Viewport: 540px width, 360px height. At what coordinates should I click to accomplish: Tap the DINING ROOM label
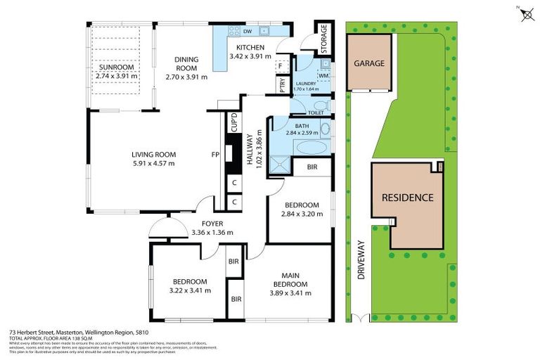(181, 63)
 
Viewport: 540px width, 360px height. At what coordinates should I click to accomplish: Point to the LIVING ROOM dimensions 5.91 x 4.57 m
(153, 163)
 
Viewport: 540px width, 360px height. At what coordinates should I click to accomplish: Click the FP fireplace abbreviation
(217, 155)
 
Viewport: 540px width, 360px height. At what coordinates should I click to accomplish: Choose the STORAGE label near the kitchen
(324, 39)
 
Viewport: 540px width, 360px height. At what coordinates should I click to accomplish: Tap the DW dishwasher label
(247, 32)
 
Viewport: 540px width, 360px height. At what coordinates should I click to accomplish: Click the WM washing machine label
(323, 75)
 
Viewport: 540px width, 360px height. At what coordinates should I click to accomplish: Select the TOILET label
(315, 112)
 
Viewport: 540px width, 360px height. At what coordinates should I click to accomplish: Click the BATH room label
(302, 125)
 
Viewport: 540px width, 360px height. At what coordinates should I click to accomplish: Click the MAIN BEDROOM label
(292, 279)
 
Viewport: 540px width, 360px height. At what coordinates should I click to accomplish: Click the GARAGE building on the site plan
(368, 63)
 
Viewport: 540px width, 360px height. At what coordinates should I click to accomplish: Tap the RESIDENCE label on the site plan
(407, 198)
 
